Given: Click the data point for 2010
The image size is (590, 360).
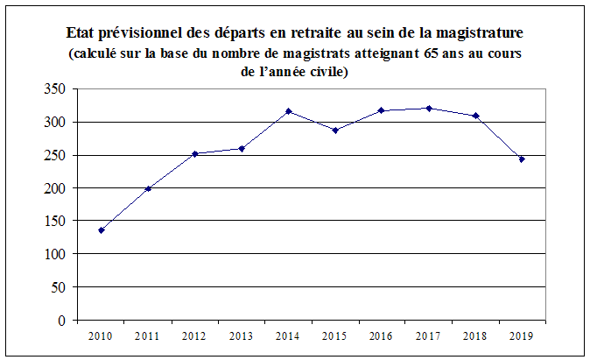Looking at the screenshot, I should [102, 230].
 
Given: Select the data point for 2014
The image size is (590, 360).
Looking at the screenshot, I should [289, 111].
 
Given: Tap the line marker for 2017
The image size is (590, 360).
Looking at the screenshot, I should [429, 108].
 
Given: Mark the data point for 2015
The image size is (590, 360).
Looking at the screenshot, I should [335, 130].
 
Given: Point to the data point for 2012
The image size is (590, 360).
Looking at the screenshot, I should [195, 153].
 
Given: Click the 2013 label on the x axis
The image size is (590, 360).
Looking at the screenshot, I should [242, 335].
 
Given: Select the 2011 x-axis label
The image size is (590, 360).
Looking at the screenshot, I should [148, 335].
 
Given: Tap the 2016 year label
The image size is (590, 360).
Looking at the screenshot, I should [382, 335].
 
